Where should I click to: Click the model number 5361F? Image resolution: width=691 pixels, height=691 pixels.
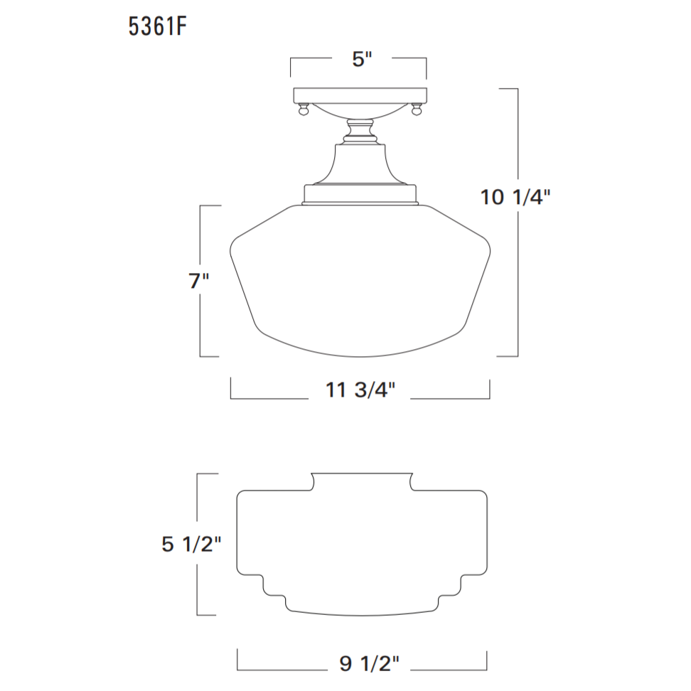point(158,26)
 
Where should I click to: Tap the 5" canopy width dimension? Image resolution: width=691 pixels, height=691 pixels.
point(362,59)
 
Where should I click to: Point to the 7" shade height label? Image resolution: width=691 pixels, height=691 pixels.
point(198,282)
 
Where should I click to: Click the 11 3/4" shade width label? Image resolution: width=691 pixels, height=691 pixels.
point(360,390)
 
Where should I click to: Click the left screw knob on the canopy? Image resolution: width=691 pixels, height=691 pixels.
point(304,111)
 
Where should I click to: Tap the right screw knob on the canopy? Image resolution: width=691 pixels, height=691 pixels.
point(417,111)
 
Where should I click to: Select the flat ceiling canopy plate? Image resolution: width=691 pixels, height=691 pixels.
point(360,95)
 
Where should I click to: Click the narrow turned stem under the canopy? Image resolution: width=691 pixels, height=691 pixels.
point(360,132)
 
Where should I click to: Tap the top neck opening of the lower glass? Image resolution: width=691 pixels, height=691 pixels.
point(362,478)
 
